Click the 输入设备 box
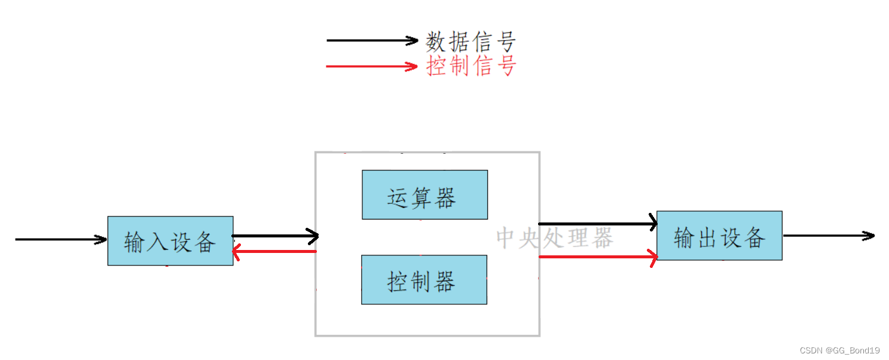[x=170, y=240]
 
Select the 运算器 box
[x=424, y=195]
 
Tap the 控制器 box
[x=424, y=280]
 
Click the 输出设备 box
[x=719, y=236]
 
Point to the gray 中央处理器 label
[x=555, y=238]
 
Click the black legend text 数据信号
[x=471, y=42]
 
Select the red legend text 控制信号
[x=471, y=66]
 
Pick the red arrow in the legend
[x=371, y=66]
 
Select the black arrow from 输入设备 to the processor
[x=276, y=236]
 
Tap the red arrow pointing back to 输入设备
[x=274, y=252]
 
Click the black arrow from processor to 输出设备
[x=598, y=224]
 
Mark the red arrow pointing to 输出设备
[x=598, y=257]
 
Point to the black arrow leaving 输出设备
[x=829, y=236]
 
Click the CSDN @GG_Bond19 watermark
[x=843, y=350]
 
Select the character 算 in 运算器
[x=421, y=197]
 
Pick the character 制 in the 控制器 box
[x=421, y=281]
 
